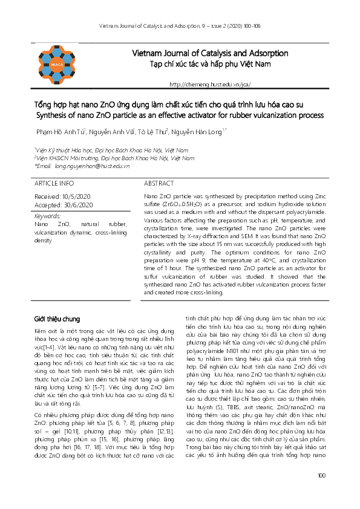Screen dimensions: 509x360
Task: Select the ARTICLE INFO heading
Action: (54, 183)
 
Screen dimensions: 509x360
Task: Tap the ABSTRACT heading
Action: (159, 183)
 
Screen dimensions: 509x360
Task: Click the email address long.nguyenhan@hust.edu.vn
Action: (92, 165)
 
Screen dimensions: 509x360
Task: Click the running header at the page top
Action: (180, 25)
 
